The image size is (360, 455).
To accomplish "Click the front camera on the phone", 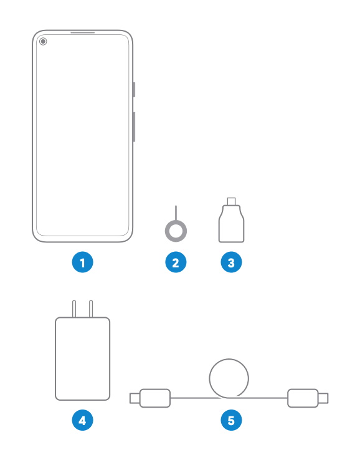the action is (43, 42).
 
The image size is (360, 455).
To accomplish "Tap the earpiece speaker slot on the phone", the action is (83, 33).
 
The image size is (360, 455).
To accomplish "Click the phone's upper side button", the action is (134, 90).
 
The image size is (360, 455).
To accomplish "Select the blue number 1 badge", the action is (83, 262).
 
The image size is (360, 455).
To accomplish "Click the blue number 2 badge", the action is (176, 262).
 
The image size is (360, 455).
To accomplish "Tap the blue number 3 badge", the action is (231, 262).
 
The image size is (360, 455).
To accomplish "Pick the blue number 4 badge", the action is (83, 420).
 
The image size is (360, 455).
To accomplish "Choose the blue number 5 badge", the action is (231, 420).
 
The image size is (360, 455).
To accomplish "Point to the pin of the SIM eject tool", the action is (176, 213).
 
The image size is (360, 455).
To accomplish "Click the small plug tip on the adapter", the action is (231, 201).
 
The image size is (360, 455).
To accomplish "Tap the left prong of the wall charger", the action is (74, 309).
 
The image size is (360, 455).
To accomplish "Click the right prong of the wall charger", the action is (91, 309).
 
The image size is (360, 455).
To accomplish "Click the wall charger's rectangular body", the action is (83, 358).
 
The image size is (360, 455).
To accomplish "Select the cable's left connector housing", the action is (155, 398).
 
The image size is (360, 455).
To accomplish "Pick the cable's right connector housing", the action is (303, 398).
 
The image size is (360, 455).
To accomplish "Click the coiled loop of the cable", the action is (229, 359).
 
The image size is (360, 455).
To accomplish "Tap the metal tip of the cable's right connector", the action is (323, 398).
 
